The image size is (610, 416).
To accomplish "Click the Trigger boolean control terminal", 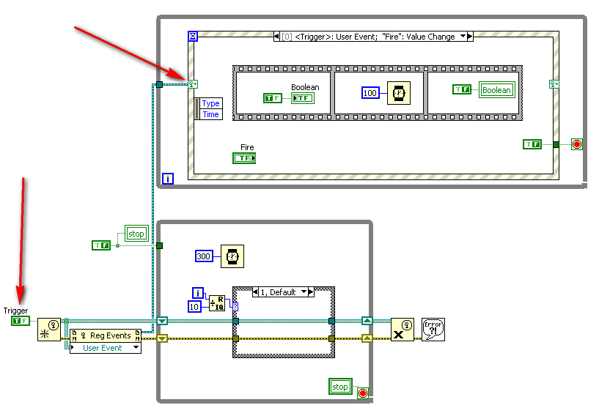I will coord(21,321).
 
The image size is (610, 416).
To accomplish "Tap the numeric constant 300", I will coord(205,256).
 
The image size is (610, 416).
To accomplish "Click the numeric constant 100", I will coord(370,93).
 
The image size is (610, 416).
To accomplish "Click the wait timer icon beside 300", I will coord(232,256).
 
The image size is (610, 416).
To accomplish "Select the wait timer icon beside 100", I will coord(397,93).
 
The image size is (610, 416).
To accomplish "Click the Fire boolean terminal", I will coord(243,158).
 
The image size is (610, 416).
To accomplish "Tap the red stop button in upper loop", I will coord(576,144).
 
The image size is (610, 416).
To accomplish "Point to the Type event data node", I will coord(210,104).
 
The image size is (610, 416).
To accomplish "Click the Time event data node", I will coord(210,114).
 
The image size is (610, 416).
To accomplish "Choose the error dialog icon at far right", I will coord(433,329).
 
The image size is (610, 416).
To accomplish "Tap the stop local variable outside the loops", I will coord(136,234).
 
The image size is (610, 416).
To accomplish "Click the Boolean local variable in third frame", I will coord(496,90).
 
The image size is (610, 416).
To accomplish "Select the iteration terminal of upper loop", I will coord(168,178).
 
